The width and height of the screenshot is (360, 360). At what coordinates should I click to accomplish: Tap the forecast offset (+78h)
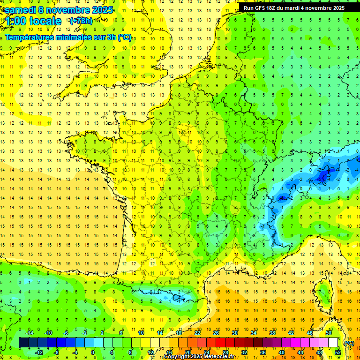[x=81, y=21]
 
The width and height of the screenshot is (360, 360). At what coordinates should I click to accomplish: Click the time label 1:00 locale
[x=33, y=21]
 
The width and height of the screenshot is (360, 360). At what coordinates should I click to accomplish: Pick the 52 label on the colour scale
[x=338, y=352]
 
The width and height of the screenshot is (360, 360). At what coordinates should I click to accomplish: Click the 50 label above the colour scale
[x=329, y=332]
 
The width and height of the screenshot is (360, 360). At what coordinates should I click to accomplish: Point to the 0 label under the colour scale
[x=92, y=352]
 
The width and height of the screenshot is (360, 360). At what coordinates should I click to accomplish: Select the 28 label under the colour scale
[x=225, y=352]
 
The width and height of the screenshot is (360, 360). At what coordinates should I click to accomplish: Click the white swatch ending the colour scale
[x=333, y=343]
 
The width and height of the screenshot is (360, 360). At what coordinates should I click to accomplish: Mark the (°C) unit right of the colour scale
[x=349, y=343]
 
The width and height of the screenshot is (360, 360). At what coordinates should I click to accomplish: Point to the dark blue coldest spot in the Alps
[x=322, y=177]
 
